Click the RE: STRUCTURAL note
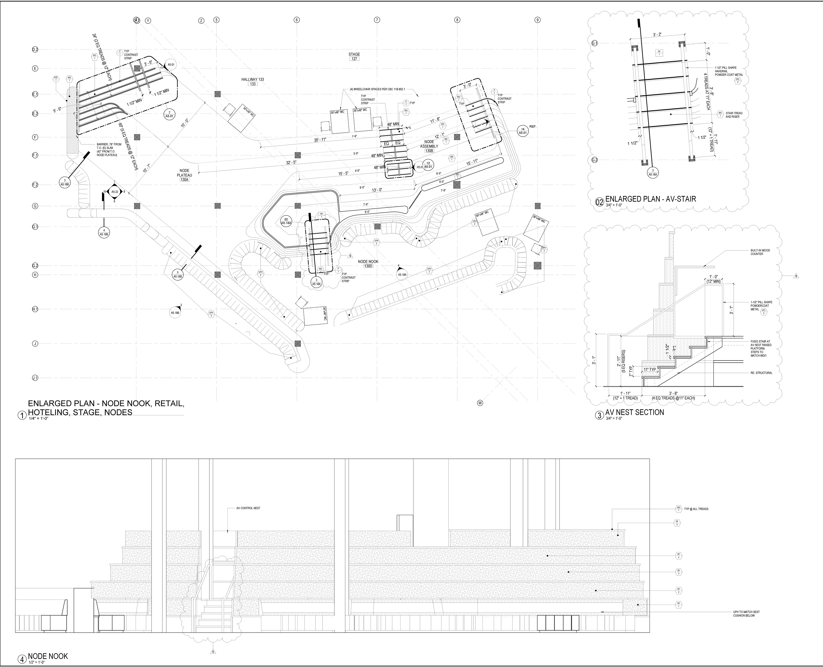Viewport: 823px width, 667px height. coord(761,373)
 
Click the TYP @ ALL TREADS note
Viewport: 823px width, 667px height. coord(696,509)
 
